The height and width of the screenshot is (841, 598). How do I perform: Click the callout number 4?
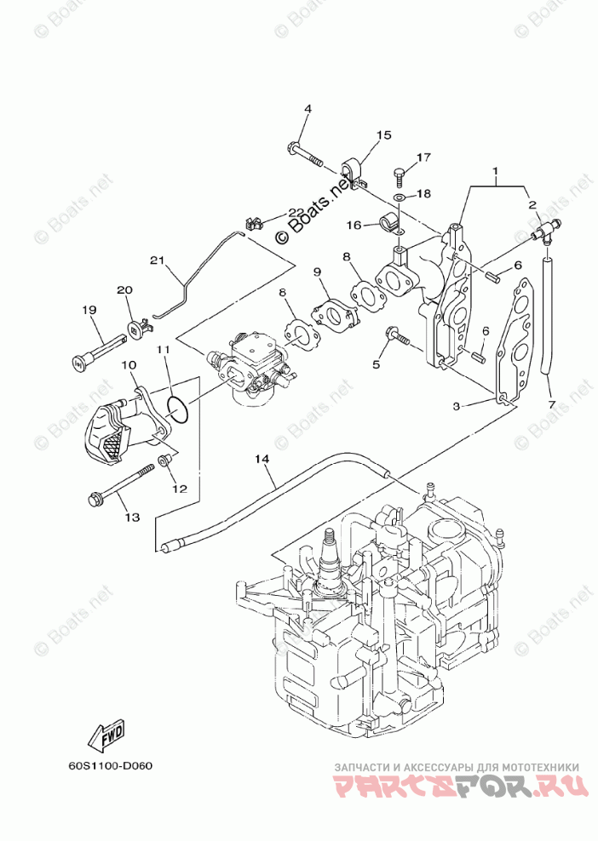[308, 109]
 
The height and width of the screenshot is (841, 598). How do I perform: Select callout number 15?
[383, 135]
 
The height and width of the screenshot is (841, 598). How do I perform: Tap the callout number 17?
[424, 157]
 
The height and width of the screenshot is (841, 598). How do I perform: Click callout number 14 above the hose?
[262, 459]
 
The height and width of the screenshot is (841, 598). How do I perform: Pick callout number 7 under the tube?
[551, 403]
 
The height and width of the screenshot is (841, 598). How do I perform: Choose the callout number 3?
[457, 407]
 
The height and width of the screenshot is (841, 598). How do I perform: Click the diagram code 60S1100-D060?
[111, 764]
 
